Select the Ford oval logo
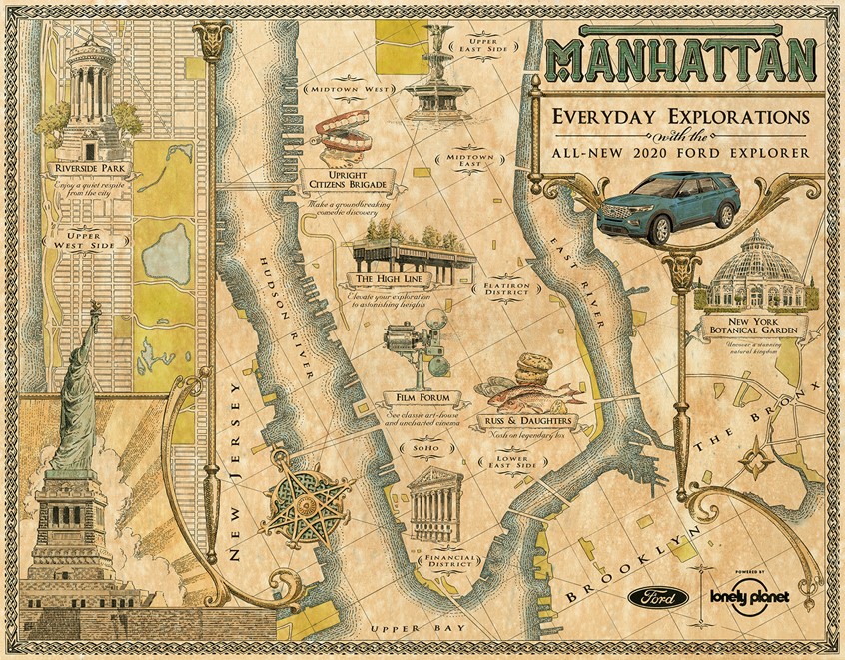658,598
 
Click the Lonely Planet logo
749,596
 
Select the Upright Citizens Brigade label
347,183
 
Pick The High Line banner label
386,279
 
